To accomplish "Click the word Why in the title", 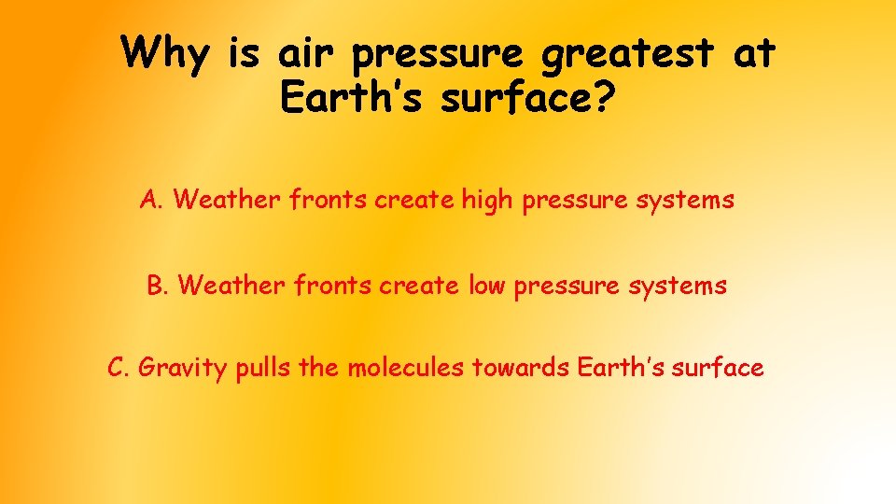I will (x=166, y=53).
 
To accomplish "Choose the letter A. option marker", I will (x=152, y=200).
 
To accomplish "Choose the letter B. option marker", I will (x=158, y=285).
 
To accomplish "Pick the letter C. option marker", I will (x=119, y=368).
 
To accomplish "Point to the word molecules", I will (x=405, y=368).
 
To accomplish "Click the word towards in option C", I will (x=521, y=368).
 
